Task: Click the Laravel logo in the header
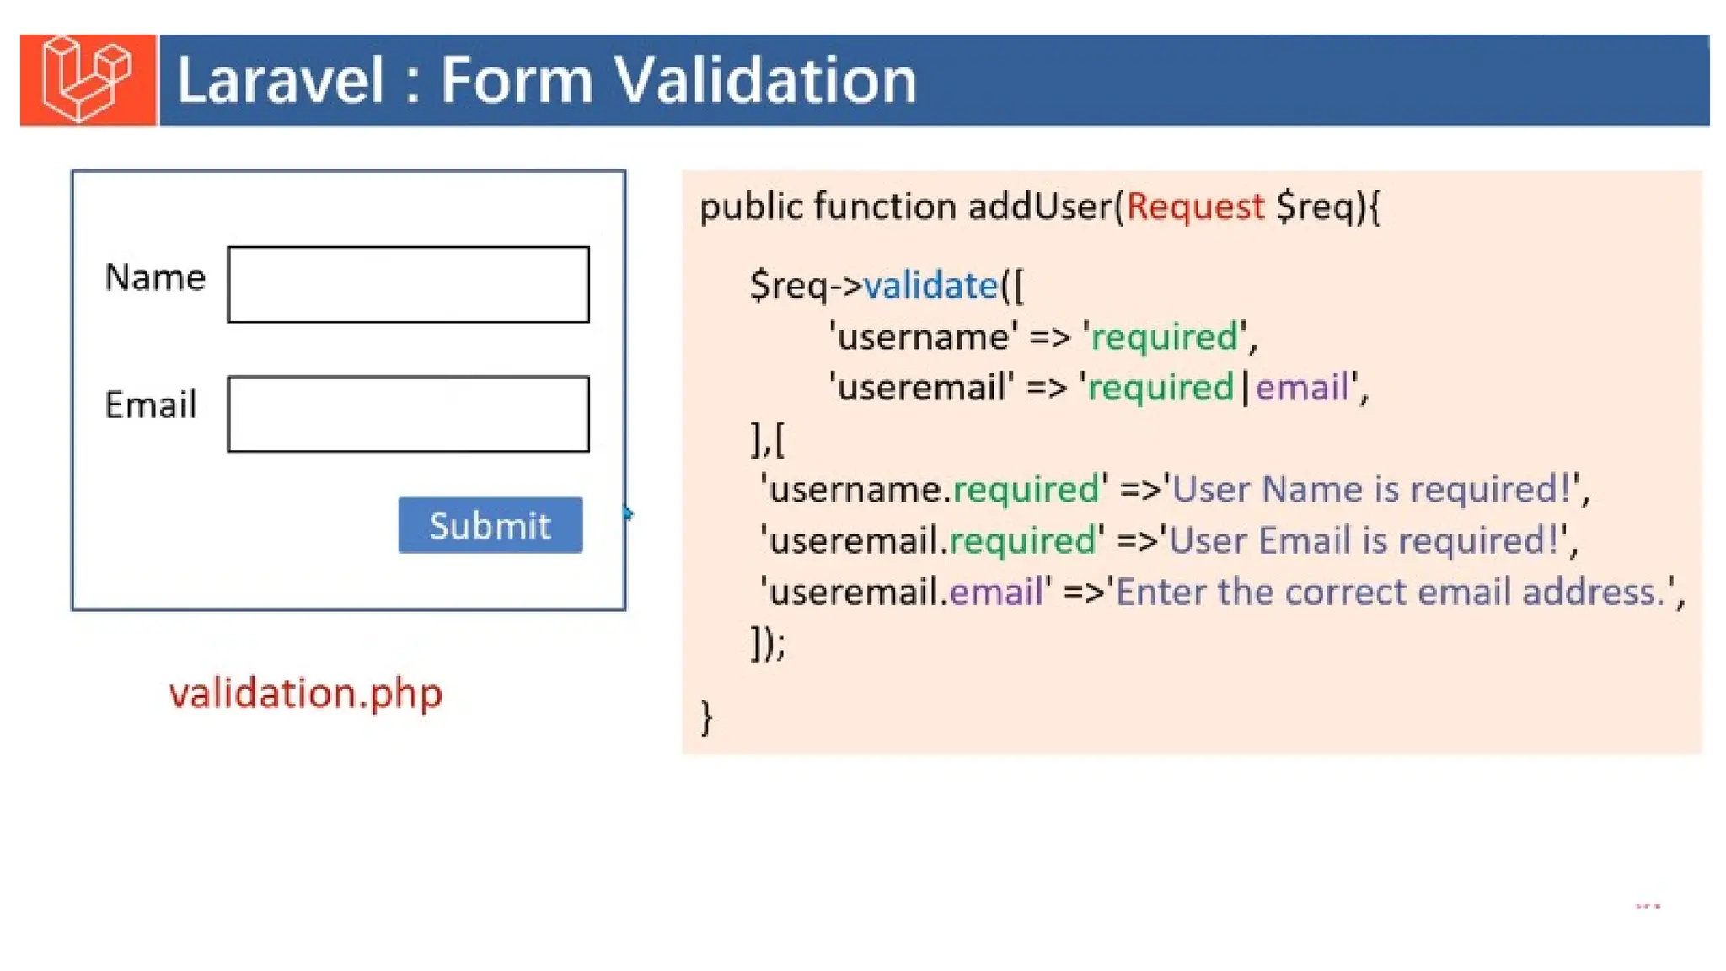88,80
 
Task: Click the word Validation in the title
764,81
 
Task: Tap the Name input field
408,285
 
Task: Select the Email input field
408,414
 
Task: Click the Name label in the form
155,277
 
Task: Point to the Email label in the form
151,405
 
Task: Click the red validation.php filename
305,694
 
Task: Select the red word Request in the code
1195,207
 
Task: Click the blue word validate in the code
931,286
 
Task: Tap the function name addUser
1040,207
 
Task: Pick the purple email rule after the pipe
1302,388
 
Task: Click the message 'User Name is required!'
1371,490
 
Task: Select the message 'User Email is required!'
1365,541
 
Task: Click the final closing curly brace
706,718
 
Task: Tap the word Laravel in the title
280,81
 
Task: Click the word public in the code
751,207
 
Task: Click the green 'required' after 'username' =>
1165,337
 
